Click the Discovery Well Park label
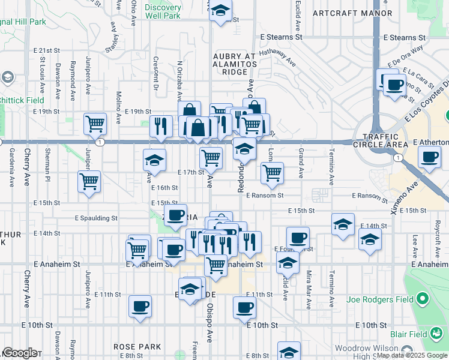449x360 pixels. [x=163, y=12]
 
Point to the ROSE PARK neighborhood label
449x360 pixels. [x=137, y=347]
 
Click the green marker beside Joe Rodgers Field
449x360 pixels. [x=423, y=298]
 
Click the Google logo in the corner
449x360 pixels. [x=19, y=353]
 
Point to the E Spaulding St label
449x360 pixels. [x=96, y=218]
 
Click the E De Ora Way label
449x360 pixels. [x=406, y=54]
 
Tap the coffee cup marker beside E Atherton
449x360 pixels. [x=429, y=158]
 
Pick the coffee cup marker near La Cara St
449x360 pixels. [x=394, y=85]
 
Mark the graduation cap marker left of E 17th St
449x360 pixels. [x=154, y=160]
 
